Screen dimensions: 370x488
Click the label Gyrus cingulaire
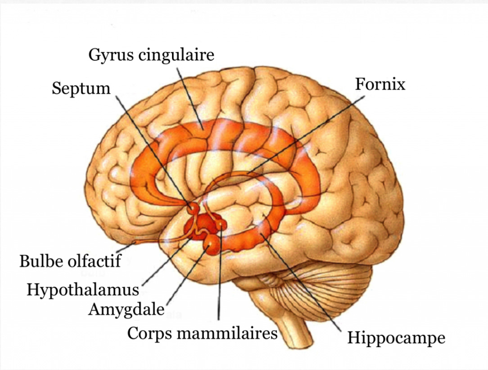151,56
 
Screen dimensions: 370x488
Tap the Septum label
81,88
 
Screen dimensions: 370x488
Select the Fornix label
380,84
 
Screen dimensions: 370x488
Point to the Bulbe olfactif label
70,261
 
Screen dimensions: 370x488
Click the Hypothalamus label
83,289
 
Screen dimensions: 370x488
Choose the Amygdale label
126,310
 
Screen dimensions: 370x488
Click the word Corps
149,334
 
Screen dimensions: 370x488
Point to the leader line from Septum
153,149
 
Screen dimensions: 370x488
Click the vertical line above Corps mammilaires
219,279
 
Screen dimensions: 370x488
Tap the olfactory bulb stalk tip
134,244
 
